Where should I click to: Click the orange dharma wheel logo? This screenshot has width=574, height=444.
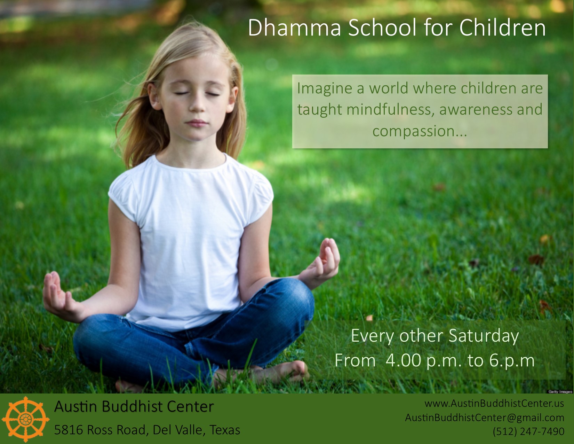(26, 419)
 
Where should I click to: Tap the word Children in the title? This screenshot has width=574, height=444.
(502, 28)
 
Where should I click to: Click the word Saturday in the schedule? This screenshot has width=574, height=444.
(484, 336)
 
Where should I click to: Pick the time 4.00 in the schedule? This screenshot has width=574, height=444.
(403, 360)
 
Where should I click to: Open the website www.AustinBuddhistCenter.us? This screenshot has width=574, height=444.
(494, 404)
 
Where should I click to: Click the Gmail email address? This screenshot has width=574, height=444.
(485, 418)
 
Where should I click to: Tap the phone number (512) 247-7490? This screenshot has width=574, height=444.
(528, 431)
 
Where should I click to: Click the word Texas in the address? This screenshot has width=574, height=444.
(225, 430)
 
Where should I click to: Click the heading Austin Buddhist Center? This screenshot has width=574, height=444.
(134, 406)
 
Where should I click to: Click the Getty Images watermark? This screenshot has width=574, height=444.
(560, 392)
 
